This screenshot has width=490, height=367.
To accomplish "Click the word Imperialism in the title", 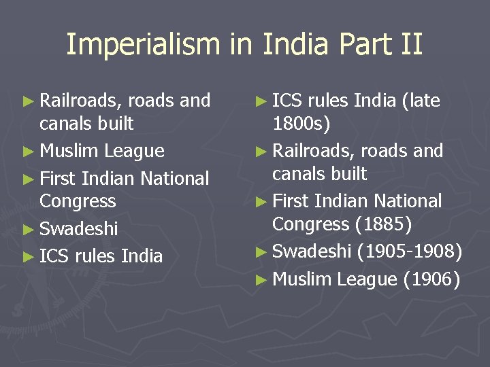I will coord(143,45).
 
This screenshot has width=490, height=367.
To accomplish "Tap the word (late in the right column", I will coord(421,101).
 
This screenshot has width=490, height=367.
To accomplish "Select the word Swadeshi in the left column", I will coord(79,228).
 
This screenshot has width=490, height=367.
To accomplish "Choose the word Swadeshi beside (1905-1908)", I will coord(311,251).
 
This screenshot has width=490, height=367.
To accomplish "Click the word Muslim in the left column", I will coord(70,151).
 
